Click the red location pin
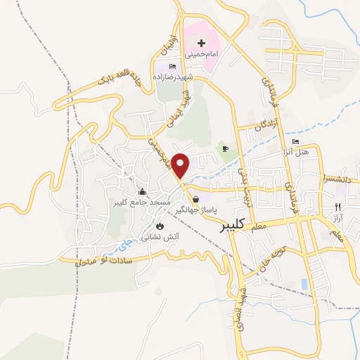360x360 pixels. (181, 165)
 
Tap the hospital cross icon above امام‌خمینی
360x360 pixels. (202, 44)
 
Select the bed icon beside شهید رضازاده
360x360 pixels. (173, 66)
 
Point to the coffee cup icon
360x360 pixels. (226, 148)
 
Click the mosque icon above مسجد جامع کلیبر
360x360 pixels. (143, 192)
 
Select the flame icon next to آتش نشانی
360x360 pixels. (161, 226)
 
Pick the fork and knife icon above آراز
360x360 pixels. (337, 207)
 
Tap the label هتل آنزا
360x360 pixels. (307, 153)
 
